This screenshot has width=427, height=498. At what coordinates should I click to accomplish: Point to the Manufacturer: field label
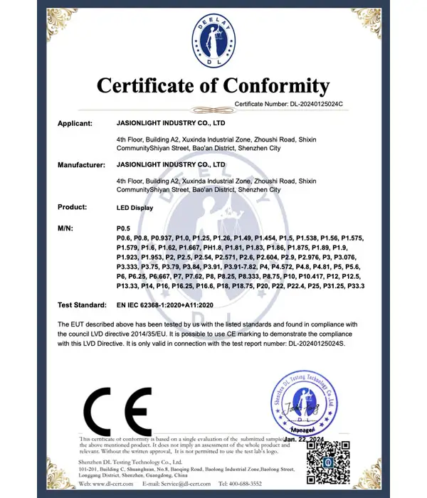point(82,165)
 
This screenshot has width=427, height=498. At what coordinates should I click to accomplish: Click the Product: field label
point(73,207)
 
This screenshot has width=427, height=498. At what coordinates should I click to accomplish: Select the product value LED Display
point(134,207)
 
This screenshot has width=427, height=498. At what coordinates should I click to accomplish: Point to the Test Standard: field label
point(83,305)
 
